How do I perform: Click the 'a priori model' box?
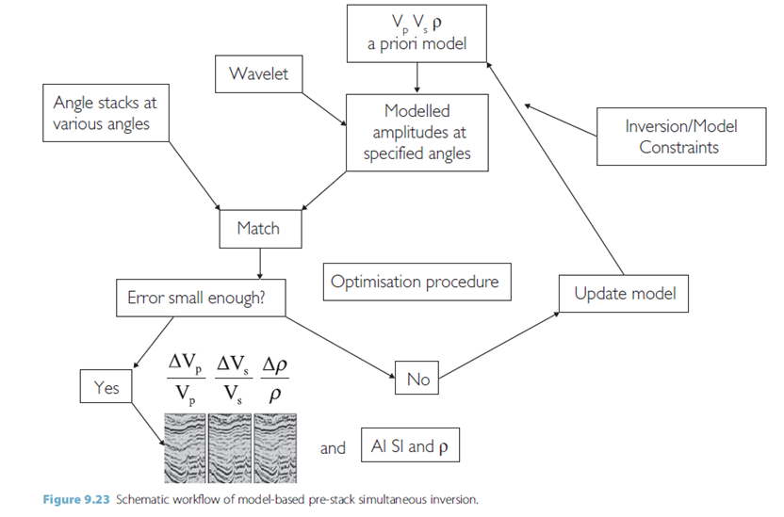[x=417, y=32]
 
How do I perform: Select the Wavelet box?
[x=258, y=73]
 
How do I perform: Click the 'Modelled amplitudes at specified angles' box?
[x=417, y=132]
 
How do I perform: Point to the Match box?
[x=258, y=228]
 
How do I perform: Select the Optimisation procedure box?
[x=415, y=281]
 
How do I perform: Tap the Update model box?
[x=625, y=293]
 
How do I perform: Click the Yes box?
[x=106, y=386]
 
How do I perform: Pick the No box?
[x=417, y=379]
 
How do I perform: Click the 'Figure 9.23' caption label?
[x=78, y=499]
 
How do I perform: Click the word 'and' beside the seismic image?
[x=333, y=448]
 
